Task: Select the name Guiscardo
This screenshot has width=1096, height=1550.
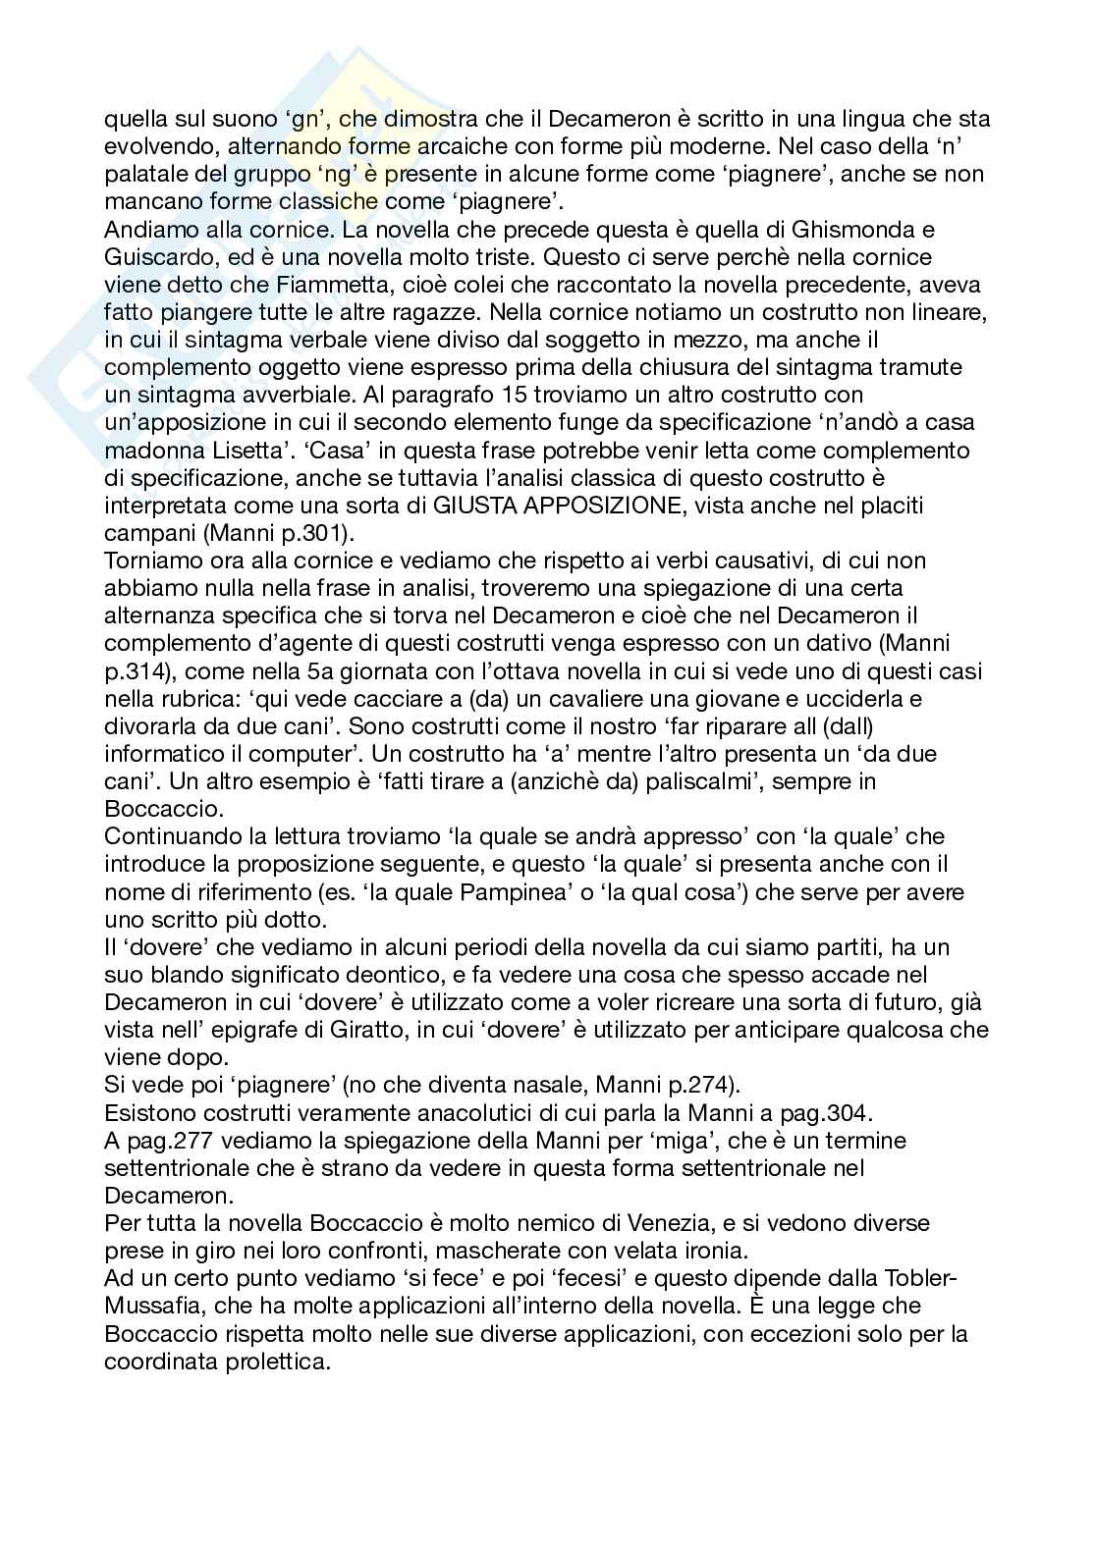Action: point(152,257)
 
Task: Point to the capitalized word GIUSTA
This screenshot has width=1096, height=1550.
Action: point(473,506)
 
